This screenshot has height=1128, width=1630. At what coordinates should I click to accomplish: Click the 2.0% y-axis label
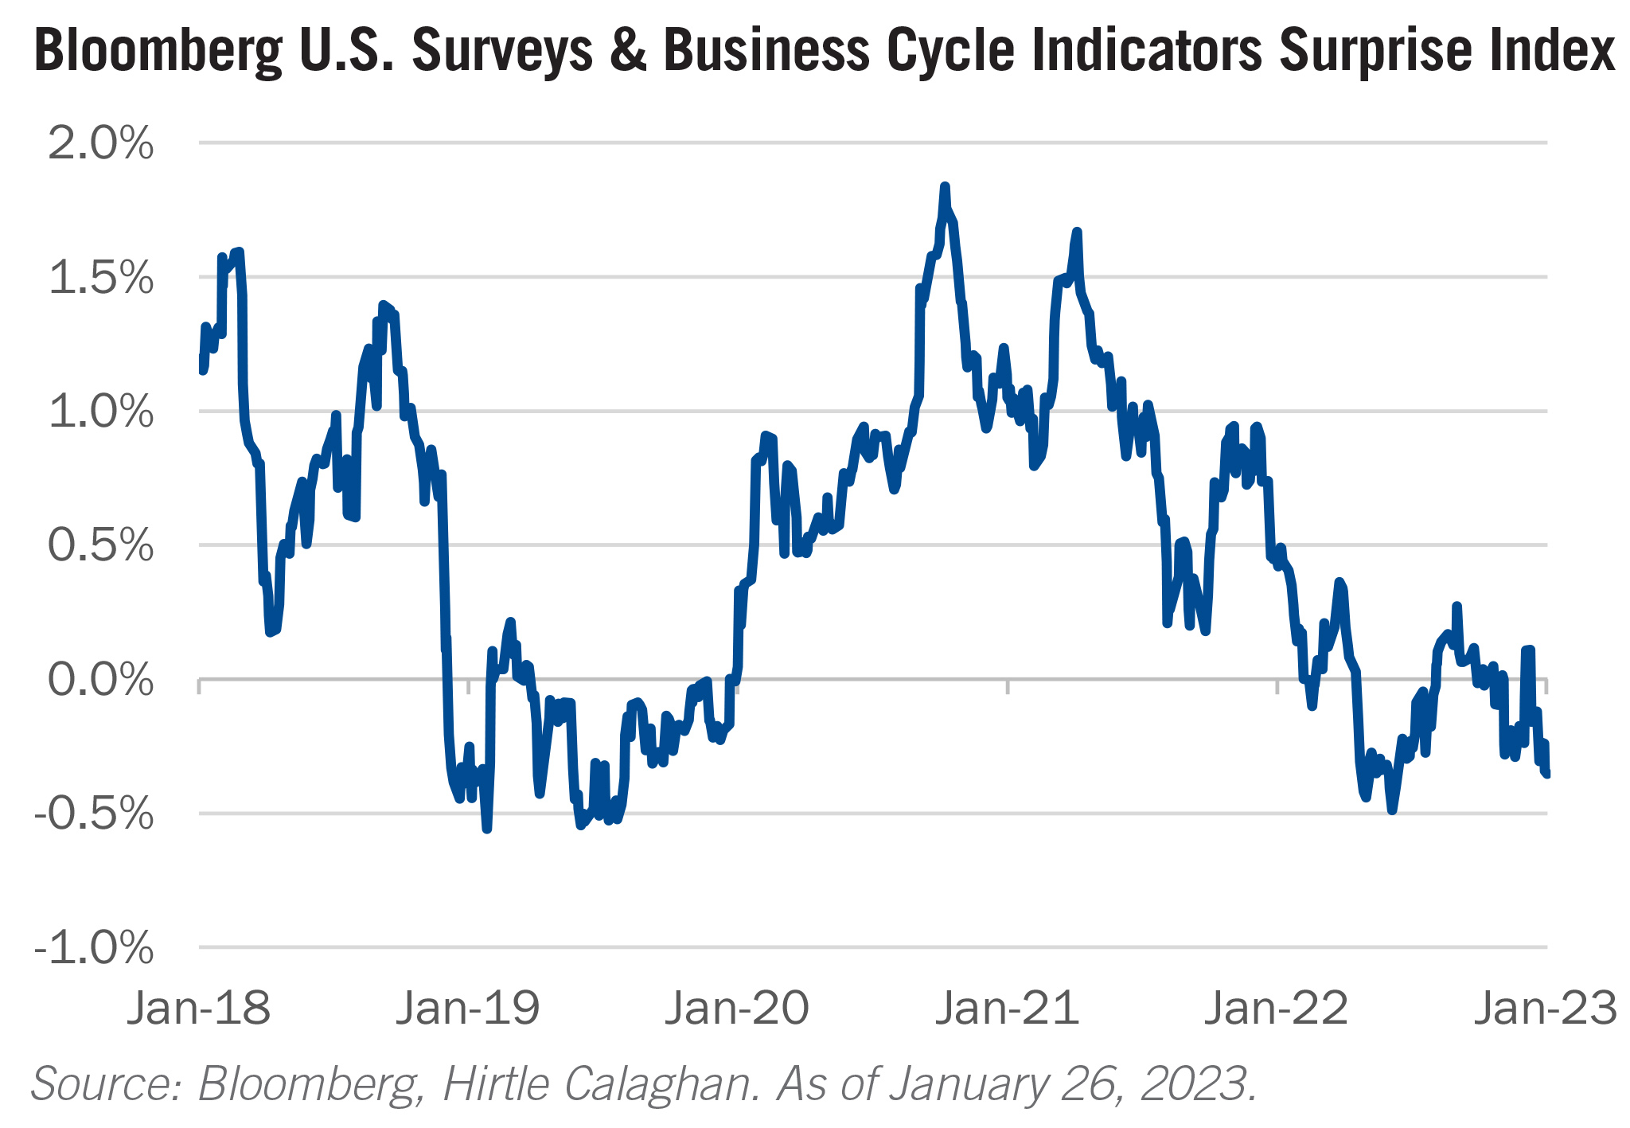click(101, 145)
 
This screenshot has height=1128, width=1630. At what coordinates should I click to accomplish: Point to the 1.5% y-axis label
click(101, 279)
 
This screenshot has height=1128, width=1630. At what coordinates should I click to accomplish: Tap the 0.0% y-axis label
click(101, 681)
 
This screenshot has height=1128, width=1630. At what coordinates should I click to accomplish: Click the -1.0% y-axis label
click(94, 949)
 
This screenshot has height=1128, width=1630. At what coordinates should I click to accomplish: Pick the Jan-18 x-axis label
click(199, 1009)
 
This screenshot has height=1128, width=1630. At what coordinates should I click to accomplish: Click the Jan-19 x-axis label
click(468, 1009)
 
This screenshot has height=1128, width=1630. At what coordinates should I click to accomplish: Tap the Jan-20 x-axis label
click(737, 1009)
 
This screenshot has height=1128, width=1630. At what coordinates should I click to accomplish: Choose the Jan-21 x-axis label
click(1007, 1009)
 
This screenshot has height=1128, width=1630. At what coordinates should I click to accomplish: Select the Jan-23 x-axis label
click(1546, 1009)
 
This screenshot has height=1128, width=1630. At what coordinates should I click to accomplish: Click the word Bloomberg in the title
click(159, 51)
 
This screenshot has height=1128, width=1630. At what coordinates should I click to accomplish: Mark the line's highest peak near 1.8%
click(945, 186)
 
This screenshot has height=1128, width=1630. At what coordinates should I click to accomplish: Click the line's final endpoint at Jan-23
click(1546, 774)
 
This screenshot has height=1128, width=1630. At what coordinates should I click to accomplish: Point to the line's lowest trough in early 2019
click(487, 829)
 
